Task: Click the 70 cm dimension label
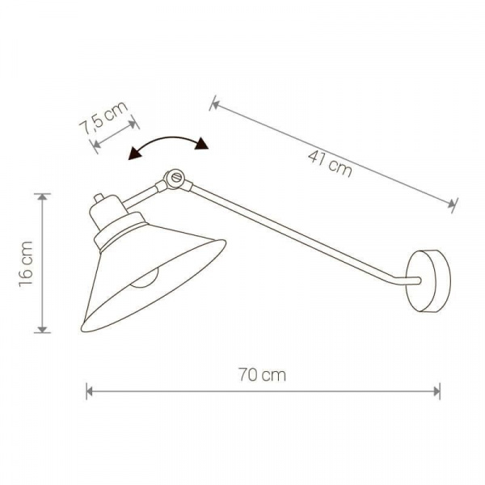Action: point(262,375)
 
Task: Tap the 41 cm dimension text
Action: point(330,164)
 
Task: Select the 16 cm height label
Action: point(26,264)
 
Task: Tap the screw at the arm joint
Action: point(175,177)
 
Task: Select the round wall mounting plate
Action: point(428,280)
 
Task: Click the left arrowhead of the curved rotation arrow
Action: point(134,153)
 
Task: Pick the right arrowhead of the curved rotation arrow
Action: point(201,144)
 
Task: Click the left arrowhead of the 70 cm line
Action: point(90,391)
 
